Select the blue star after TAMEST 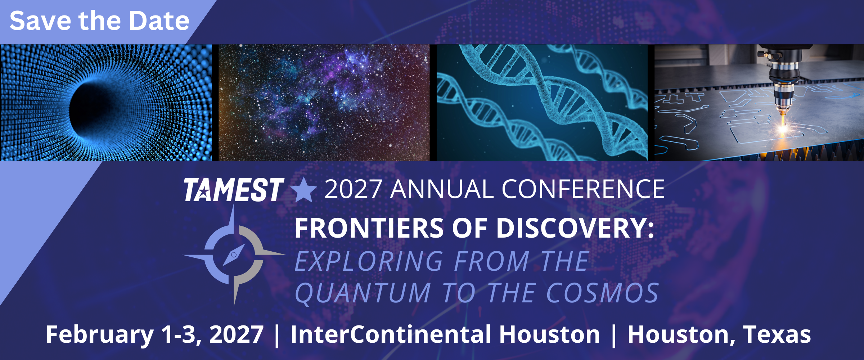[x=304, y=190]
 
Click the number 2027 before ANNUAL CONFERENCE [x=353, y=189]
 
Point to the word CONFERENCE [x=583, y=189]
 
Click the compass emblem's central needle [x=234, y=255]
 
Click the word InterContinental [x=391, y=335]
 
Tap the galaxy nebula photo [x=324, y=103]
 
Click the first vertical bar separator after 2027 [x=277, y=335]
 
